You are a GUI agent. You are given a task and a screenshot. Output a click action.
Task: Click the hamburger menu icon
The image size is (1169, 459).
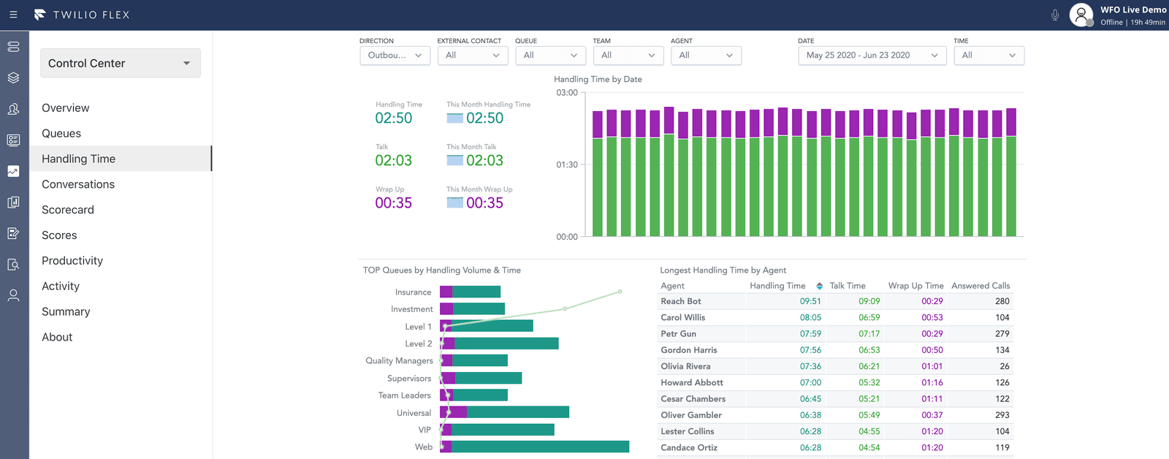(13, 15)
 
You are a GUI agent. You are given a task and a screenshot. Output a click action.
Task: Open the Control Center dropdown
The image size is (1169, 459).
(120, 64)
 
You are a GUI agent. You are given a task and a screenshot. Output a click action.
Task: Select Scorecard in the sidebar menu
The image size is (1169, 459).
(68, 210)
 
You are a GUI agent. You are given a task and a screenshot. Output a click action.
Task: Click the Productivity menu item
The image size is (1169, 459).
(72, 261)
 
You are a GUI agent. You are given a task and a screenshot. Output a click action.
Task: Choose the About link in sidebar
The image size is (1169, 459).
(57, 337)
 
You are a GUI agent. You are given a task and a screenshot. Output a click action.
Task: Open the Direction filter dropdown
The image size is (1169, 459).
(395, 56)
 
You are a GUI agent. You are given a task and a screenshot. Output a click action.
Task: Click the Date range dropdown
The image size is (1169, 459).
(872, 56)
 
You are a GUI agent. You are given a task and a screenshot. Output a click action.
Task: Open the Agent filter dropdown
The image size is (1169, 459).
(706, 56)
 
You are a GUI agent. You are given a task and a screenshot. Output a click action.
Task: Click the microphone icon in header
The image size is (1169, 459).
(1055, 15)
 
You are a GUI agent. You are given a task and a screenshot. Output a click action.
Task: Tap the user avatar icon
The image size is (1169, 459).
(1081, 15)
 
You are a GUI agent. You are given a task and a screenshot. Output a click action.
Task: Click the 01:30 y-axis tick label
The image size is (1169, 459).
(567, 165)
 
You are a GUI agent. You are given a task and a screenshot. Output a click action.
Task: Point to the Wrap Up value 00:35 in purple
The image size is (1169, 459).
(394, 203)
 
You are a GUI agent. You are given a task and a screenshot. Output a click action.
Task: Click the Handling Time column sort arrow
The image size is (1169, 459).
(820, 286)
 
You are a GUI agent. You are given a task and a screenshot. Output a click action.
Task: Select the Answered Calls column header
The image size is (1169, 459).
(980, 286)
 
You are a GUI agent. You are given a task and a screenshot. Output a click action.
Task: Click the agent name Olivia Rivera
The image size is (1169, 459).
(685, 366)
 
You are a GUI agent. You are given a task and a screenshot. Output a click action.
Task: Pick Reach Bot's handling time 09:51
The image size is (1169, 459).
(810, 301)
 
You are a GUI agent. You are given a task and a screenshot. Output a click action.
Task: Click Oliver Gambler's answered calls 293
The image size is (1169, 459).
(1002, 415)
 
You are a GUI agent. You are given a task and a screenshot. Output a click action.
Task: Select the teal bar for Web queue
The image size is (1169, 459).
(540, 447)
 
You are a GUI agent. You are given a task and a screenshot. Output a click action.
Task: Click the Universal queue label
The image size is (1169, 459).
(414, 413)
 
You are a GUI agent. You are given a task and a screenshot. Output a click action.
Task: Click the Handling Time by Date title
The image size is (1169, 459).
(598, 79)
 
